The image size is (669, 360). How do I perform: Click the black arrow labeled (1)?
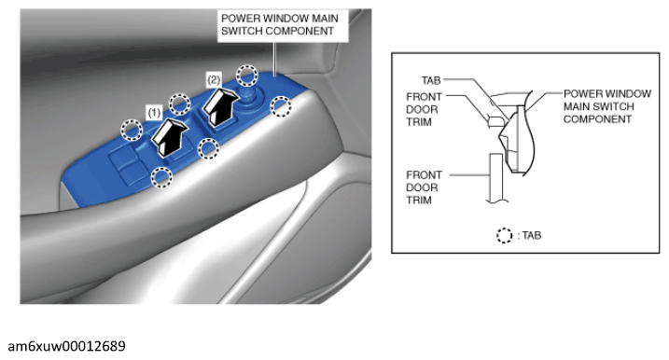[x=169, y=137]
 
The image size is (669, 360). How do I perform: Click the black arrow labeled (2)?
[x=220, y=106]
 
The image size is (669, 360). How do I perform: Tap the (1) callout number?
[x=154, y=113]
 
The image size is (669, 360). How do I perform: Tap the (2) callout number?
[x=214, y=80]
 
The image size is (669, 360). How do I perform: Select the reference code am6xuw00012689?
[x=67, y=346]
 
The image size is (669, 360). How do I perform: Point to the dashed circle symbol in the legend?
[x=504, y=235]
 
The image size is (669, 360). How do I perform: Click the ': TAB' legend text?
[x=529, y=235]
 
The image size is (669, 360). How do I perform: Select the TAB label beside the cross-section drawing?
[x=431, y=80]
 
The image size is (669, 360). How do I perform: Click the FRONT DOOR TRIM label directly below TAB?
[x=424, y=109]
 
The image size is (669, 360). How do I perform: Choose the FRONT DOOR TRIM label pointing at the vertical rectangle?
[x=424, y=187]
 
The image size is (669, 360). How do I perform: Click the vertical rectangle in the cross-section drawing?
[x=495, y=177]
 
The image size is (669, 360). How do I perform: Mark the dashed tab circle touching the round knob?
[x=247, y=76]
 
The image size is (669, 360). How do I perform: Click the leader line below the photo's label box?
[x=274, y=60]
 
